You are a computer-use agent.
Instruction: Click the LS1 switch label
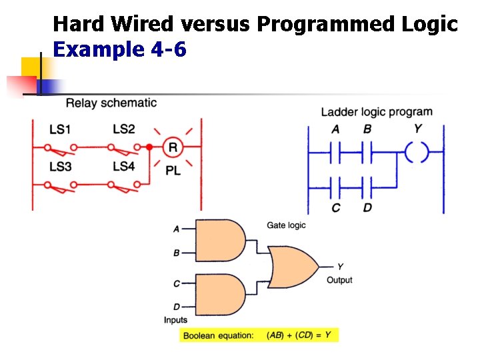[60, 129]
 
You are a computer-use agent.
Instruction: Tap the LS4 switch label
[124, 166]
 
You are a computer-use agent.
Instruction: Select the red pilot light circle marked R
[173, 147]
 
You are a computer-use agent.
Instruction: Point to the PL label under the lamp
[173, 171]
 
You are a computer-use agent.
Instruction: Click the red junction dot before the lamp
[149, 147]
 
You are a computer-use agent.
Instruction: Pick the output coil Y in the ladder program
[417, 152]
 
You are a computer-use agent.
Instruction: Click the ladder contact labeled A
[335, 152]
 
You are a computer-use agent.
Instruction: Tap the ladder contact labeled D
[367, 187]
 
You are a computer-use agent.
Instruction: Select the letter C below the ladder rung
[336, 208]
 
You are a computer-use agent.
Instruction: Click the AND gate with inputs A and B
[220, 240]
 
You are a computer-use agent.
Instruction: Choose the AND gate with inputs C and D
[220, 295]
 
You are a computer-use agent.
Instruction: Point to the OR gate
[293, 267]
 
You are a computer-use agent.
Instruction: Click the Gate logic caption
[286, 225]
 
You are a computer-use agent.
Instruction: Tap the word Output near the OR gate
[339, 280]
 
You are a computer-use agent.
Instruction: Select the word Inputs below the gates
[175, 320]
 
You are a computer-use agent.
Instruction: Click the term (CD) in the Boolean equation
[304, 335]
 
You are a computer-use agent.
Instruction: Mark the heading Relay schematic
[111, 103]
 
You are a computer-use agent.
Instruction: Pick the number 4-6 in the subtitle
[169, 49]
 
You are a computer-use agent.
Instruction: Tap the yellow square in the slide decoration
[31, 67]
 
